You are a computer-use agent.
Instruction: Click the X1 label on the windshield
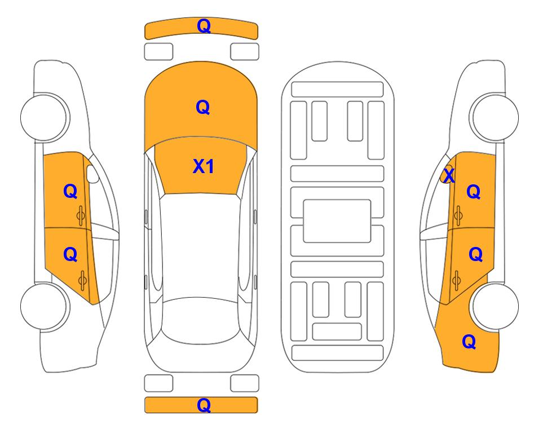[204, 166]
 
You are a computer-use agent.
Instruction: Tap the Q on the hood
[203, 107]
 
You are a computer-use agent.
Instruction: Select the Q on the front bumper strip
[204, 25]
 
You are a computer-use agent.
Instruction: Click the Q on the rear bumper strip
[204, 405]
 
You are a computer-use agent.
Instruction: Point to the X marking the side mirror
[449, 175]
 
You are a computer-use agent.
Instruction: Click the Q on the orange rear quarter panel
[469, 342]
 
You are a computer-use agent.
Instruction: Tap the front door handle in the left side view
[81, 216]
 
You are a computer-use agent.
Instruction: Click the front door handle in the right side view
[458, 216]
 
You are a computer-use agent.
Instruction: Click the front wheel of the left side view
[44, 117]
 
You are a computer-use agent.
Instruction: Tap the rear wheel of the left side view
[44, 306]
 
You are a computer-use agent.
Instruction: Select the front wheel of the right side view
[495, 117]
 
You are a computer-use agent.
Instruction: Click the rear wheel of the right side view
[495, 306]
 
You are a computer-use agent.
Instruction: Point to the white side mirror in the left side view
[92, 174]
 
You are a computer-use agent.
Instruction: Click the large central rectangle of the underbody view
[337, 221]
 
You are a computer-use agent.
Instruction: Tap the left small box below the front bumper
[158, 52]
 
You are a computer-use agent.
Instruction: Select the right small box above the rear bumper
[245, 383]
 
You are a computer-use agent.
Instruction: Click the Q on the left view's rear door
[70, 255]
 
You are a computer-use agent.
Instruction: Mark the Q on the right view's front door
[474, 192]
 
